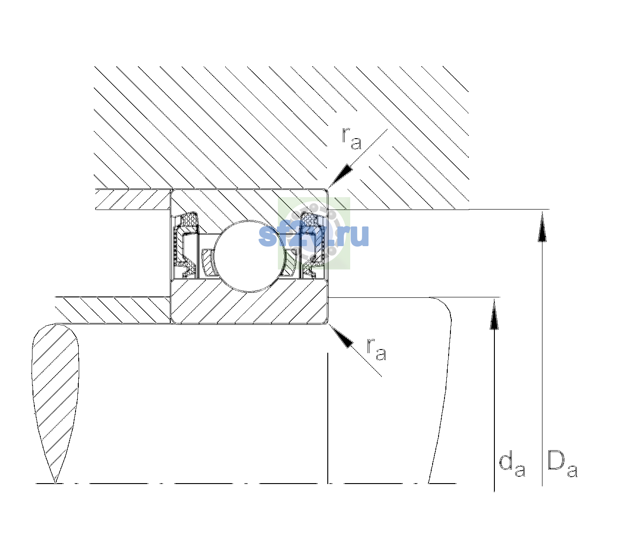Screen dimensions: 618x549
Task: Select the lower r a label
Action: tap(377, 350)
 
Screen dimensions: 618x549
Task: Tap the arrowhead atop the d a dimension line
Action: tap(494, 313)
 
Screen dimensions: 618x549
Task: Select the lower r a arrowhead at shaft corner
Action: tap(341, 336)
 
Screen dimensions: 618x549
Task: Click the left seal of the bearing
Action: tap(185, 245)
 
